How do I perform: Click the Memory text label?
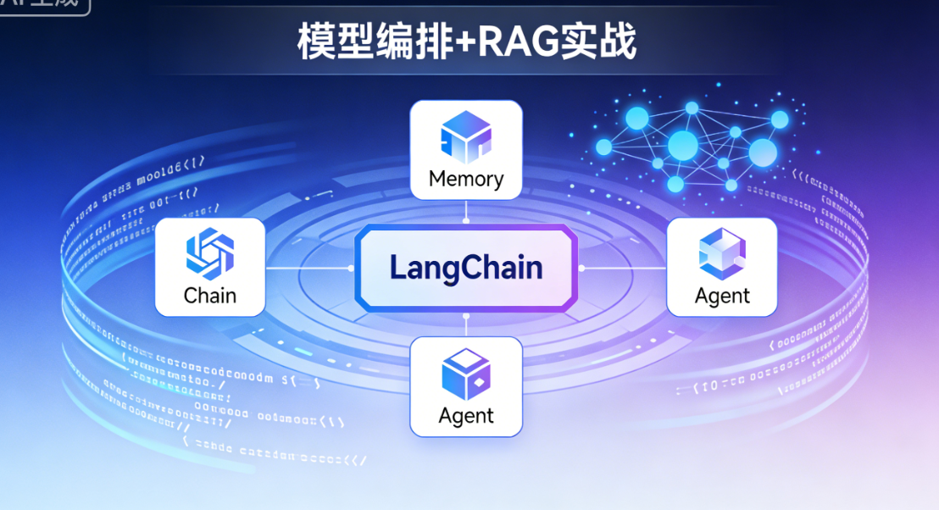pos(465,179)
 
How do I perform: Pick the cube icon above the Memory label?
pos(465,136)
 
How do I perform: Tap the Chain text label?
pos(209,296)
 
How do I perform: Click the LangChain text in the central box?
pos(465,268)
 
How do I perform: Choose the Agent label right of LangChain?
pos(722,296)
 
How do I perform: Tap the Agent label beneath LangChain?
pos(465,416)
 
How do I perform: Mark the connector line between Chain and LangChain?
pos(309,268)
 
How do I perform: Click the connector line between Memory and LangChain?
pos(465,212)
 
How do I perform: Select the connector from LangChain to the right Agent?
pos(623,268)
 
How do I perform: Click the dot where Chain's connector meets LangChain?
pos(351,268)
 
